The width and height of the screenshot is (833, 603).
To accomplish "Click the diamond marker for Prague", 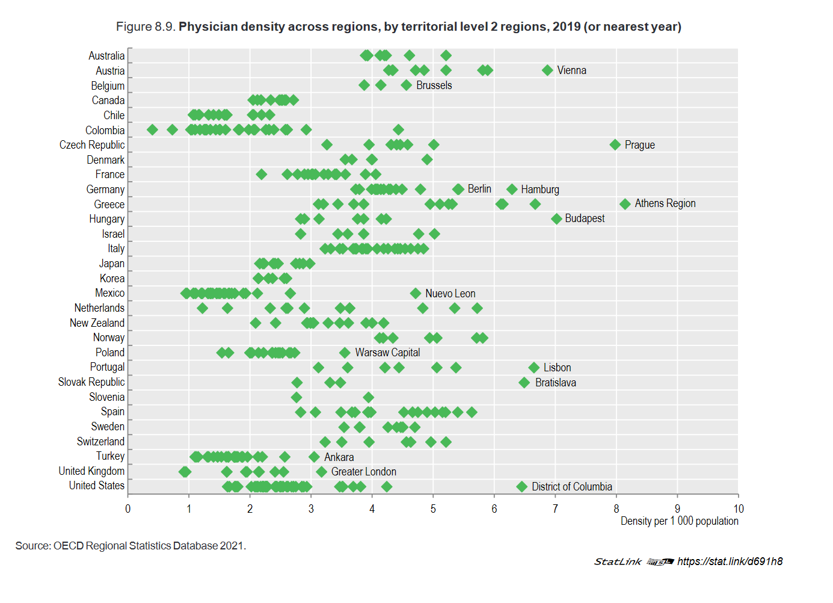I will (615, 144).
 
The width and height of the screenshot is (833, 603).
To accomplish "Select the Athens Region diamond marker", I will (625, 204).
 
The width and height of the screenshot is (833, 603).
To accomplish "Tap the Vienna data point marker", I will (547, 70).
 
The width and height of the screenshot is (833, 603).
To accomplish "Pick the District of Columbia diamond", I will (521, 486).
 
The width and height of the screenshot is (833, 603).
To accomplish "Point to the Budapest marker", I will (556, 218).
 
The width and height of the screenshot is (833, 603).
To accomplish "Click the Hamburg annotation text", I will (539, 190).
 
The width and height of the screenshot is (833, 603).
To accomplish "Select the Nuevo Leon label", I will (450, 294).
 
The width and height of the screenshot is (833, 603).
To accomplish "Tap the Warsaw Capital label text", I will (387, 353).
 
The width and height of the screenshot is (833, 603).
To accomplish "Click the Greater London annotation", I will (363, 472).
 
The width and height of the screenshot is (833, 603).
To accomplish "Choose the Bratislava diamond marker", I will (524, 383).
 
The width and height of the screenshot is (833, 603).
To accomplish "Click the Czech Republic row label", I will (92, 145).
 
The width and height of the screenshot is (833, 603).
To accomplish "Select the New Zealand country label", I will (97, 323).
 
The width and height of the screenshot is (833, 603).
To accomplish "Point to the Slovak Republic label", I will (91, 382).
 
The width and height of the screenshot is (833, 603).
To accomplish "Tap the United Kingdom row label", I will (91, 471).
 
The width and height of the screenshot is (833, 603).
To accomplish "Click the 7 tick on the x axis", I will (555, 509).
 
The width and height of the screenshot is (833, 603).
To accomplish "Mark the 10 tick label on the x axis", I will (738, 509).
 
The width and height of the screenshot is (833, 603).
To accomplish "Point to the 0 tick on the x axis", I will (128, 509).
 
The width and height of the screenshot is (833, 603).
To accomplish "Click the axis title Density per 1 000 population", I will (679, 521).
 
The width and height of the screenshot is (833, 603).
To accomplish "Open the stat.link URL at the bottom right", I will (730, 561).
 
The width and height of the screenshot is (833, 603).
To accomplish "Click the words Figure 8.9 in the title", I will (145, 27).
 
